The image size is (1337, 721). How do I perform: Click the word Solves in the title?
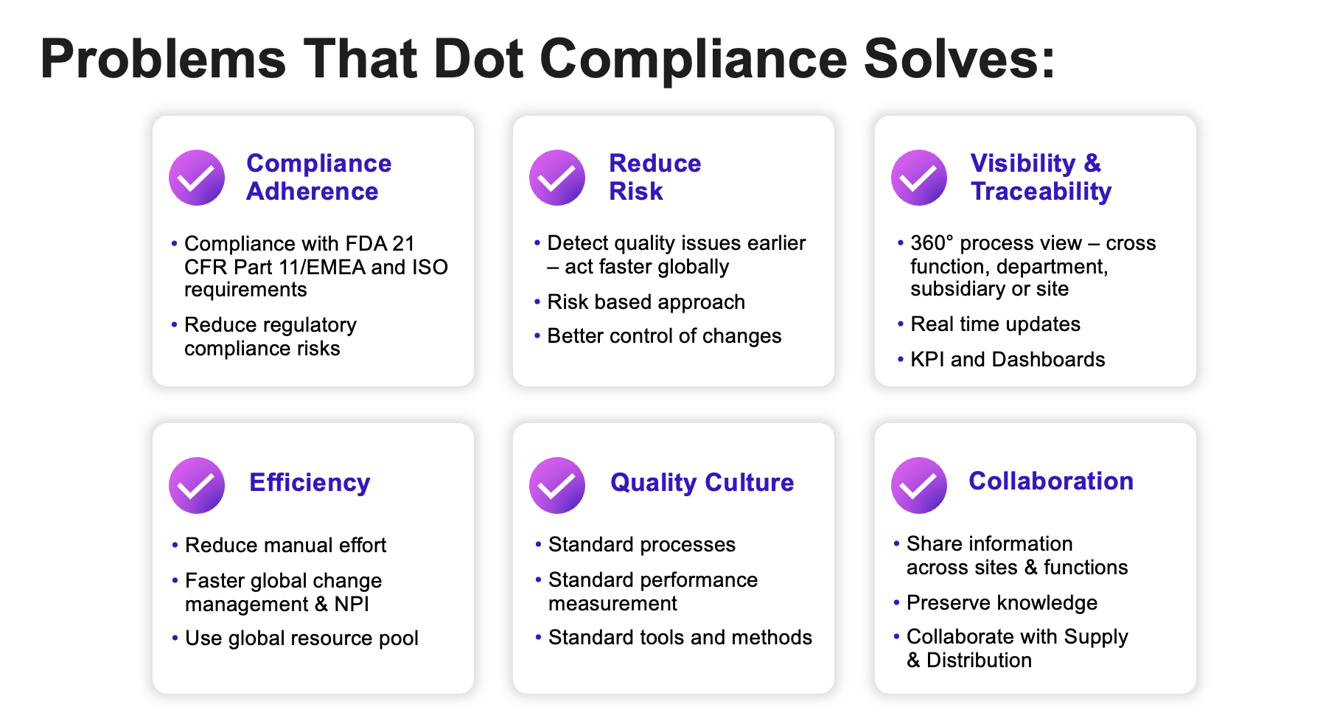(x=960, y=59)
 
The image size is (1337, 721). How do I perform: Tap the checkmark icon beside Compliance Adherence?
(x=197, y=178)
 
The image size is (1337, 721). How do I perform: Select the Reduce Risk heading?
(x=654, y=177)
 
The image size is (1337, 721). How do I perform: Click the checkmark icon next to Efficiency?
(x=197, y=485)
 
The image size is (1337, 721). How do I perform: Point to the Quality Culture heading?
(x=702, y=482)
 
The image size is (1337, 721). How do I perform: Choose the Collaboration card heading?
(x=1050, y=481)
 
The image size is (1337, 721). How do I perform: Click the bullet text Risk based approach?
(x=646, y=302)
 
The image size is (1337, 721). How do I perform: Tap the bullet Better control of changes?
(x=664, y=336)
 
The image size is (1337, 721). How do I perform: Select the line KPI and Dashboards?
(x=1008, y=360)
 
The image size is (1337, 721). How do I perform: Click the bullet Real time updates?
(x=995, y=324)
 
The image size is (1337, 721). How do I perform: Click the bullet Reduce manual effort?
(x=285, y=546)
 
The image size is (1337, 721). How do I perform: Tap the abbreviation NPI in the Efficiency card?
(x=352, y=605)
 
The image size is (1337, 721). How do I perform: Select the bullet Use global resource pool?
(x=301, y=638)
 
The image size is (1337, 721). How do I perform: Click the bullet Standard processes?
(x=641, y=545)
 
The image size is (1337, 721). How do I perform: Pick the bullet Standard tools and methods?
(x=680, y=638)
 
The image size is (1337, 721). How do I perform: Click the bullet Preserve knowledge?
(x=1002, y=603)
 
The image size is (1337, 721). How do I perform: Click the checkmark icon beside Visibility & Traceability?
(x=919, y=178)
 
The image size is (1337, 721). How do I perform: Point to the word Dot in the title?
(x=478, y=59)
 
